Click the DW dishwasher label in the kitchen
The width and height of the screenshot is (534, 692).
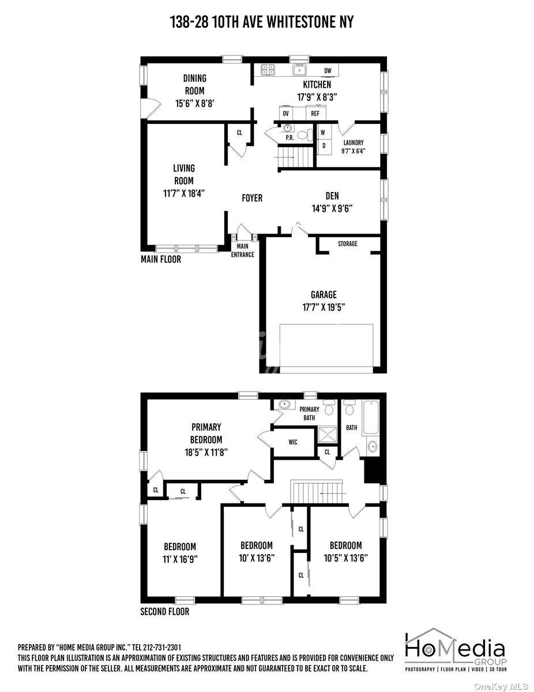328,71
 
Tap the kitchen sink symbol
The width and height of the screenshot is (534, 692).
299,69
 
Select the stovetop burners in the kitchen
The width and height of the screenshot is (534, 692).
268,69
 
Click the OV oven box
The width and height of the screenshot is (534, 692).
285,114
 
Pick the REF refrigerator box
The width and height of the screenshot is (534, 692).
315,113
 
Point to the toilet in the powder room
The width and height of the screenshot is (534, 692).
306,135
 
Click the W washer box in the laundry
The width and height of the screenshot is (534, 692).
324,132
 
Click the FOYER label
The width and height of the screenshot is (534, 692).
252,198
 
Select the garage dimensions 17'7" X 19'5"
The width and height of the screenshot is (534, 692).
324,307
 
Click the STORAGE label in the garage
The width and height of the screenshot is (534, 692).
347,243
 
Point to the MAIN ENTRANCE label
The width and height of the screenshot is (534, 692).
243,250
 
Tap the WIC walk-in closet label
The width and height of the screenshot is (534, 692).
293,442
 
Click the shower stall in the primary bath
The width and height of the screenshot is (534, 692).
327,435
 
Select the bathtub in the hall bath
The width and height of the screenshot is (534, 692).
371,417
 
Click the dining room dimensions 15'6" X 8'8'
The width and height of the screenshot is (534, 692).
194,103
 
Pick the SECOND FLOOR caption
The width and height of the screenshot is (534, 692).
165,612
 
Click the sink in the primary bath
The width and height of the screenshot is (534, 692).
283,404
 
